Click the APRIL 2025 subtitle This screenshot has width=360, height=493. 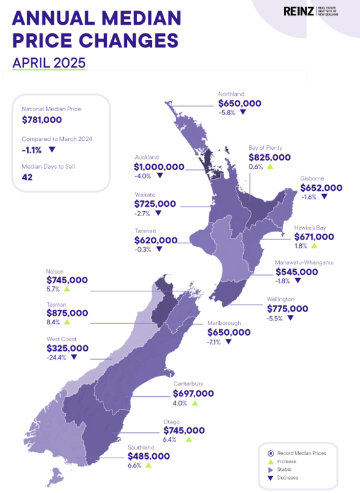click(x=49, y=63)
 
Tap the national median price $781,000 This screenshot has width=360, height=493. click(x=42, y=119)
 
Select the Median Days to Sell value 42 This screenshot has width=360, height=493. click(x=27, y=178)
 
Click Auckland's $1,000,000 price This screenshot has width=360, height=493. click(x=159, y=167)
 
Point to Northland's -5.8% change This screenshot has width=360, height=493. click(x=227, y=112)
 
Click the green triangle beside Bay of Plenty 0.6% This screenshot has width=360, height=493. click(x=270, y=167)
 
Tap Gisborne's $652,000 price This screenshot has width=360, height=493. click(x=321, y=188)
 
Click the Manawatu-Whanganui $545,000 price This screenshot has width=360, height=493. click(x=296, y=272)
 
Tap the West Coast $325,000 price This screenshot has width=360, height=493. click(x=68, y=348)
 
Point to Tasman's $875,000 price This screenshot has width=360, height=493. click(x=68, y=313)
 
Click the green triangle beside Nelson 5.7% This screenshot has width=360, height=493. click(x=66, y=289)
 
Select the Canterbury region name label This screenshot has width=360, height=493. click(x=189, y=383)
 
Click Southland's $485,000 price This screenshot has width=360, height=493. click(x=148, y=456)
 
